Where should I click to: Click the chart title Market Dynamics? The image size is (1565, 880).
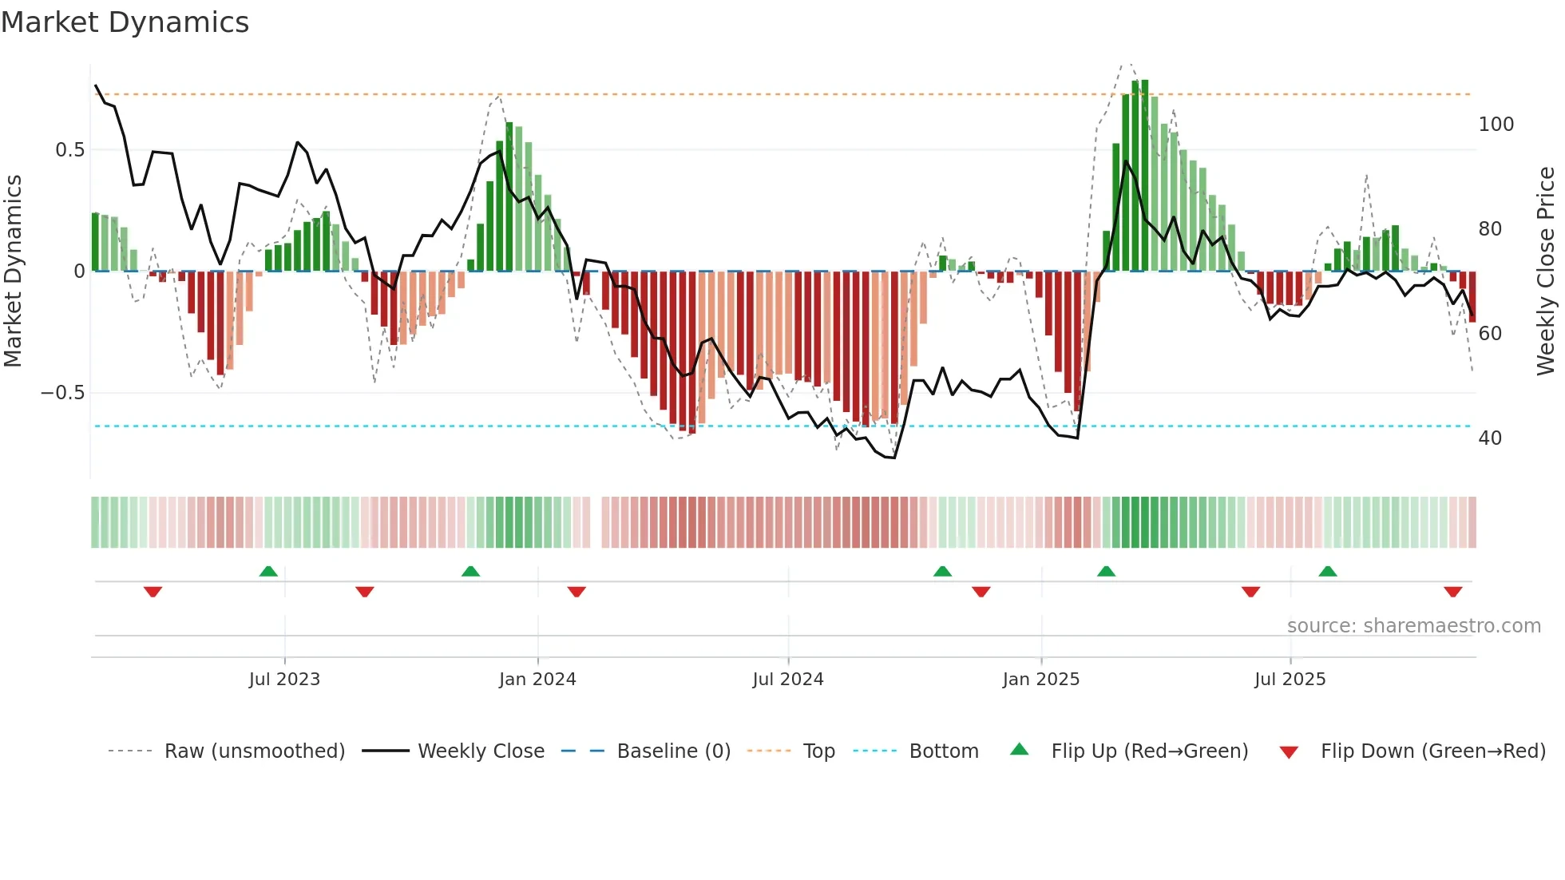[125, 22]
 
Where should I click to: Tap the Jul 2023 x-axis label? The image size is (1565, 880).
[284, 680]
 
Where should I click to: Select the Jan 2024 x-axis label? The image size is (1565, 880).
[537, 680]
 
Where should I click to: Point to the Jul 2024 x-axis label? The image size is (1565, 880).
[788, 680]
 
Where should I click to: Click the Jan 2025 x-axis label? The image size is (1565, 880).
[1041, 680]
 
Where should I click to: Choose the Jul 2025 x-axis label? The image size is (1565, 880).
[1290, 680]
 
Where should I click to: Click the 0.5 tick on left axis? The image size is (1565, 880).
[69, 150]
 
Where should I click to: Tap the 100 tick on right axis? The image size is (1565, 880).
[1496, 125]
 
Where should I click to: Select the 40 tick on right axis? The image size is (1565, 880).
[1490, 438]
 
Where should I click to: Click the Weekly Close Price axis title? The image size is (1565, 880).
[1547, 272]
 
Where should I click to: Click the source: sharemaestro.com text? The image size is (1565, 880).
[1413, 626]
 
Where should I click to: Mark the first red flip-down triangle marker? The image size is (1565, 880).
[153, 592]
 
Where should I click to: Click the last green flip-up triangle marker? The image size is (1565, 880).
[1328, 571]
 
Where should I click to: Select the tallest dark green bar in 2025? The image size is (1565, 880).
[1145, 176]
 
